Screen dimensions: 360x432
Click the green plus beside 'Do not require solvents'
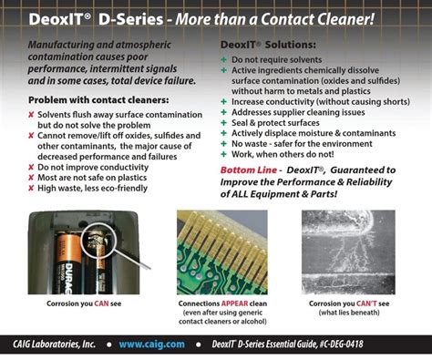click(x=224, y=58)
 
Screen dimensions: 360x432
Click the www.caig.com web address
click(x=150, y=345)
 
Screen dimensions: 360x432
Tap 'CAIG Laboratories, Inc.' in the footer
click(x=60, y=345)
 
